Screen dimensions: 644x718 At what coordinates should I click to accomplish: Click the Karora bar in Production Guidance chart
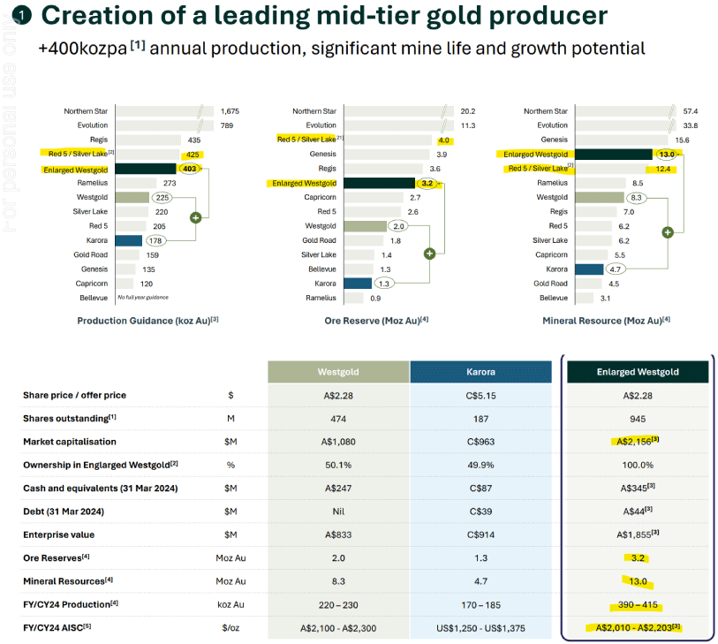point(128,240)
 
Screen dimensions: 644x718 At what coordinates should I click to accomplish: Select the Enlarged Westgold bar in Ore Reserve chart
point(379,183)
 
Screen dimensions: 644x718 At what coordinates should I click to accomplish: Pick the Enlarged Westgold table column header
point(637,372)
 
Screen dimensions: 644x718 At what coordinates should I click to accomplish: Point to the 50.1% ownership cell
point(337,464)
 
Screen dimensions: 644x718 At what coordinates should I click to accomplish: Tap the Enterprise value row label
point(58,535)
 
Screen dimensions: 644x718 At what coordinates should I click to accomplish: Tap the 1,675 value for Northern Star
point(230,111)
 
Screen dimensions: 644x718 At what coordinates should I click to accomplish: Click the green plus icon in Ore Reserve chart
point(430,254)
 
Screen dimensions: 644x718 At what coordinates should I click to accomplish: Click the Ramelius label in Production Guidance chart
point(93,183)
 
